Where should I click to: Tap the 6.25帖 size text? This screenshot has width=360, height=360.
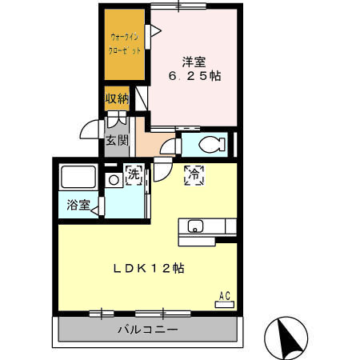pos(194,76)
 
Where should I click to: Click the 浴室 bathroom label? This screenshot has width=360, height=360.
pos(78,205)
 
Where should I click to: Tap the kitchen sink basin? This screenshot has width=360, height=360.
pos(196,226)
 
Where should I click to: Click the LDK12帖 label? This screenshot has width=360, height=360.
pos(148,269)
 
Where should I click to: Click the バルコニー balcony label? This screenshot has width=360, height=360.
pos(148,330)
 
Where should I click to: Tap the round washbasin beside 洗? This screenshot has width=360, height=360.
pos(114,180)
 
